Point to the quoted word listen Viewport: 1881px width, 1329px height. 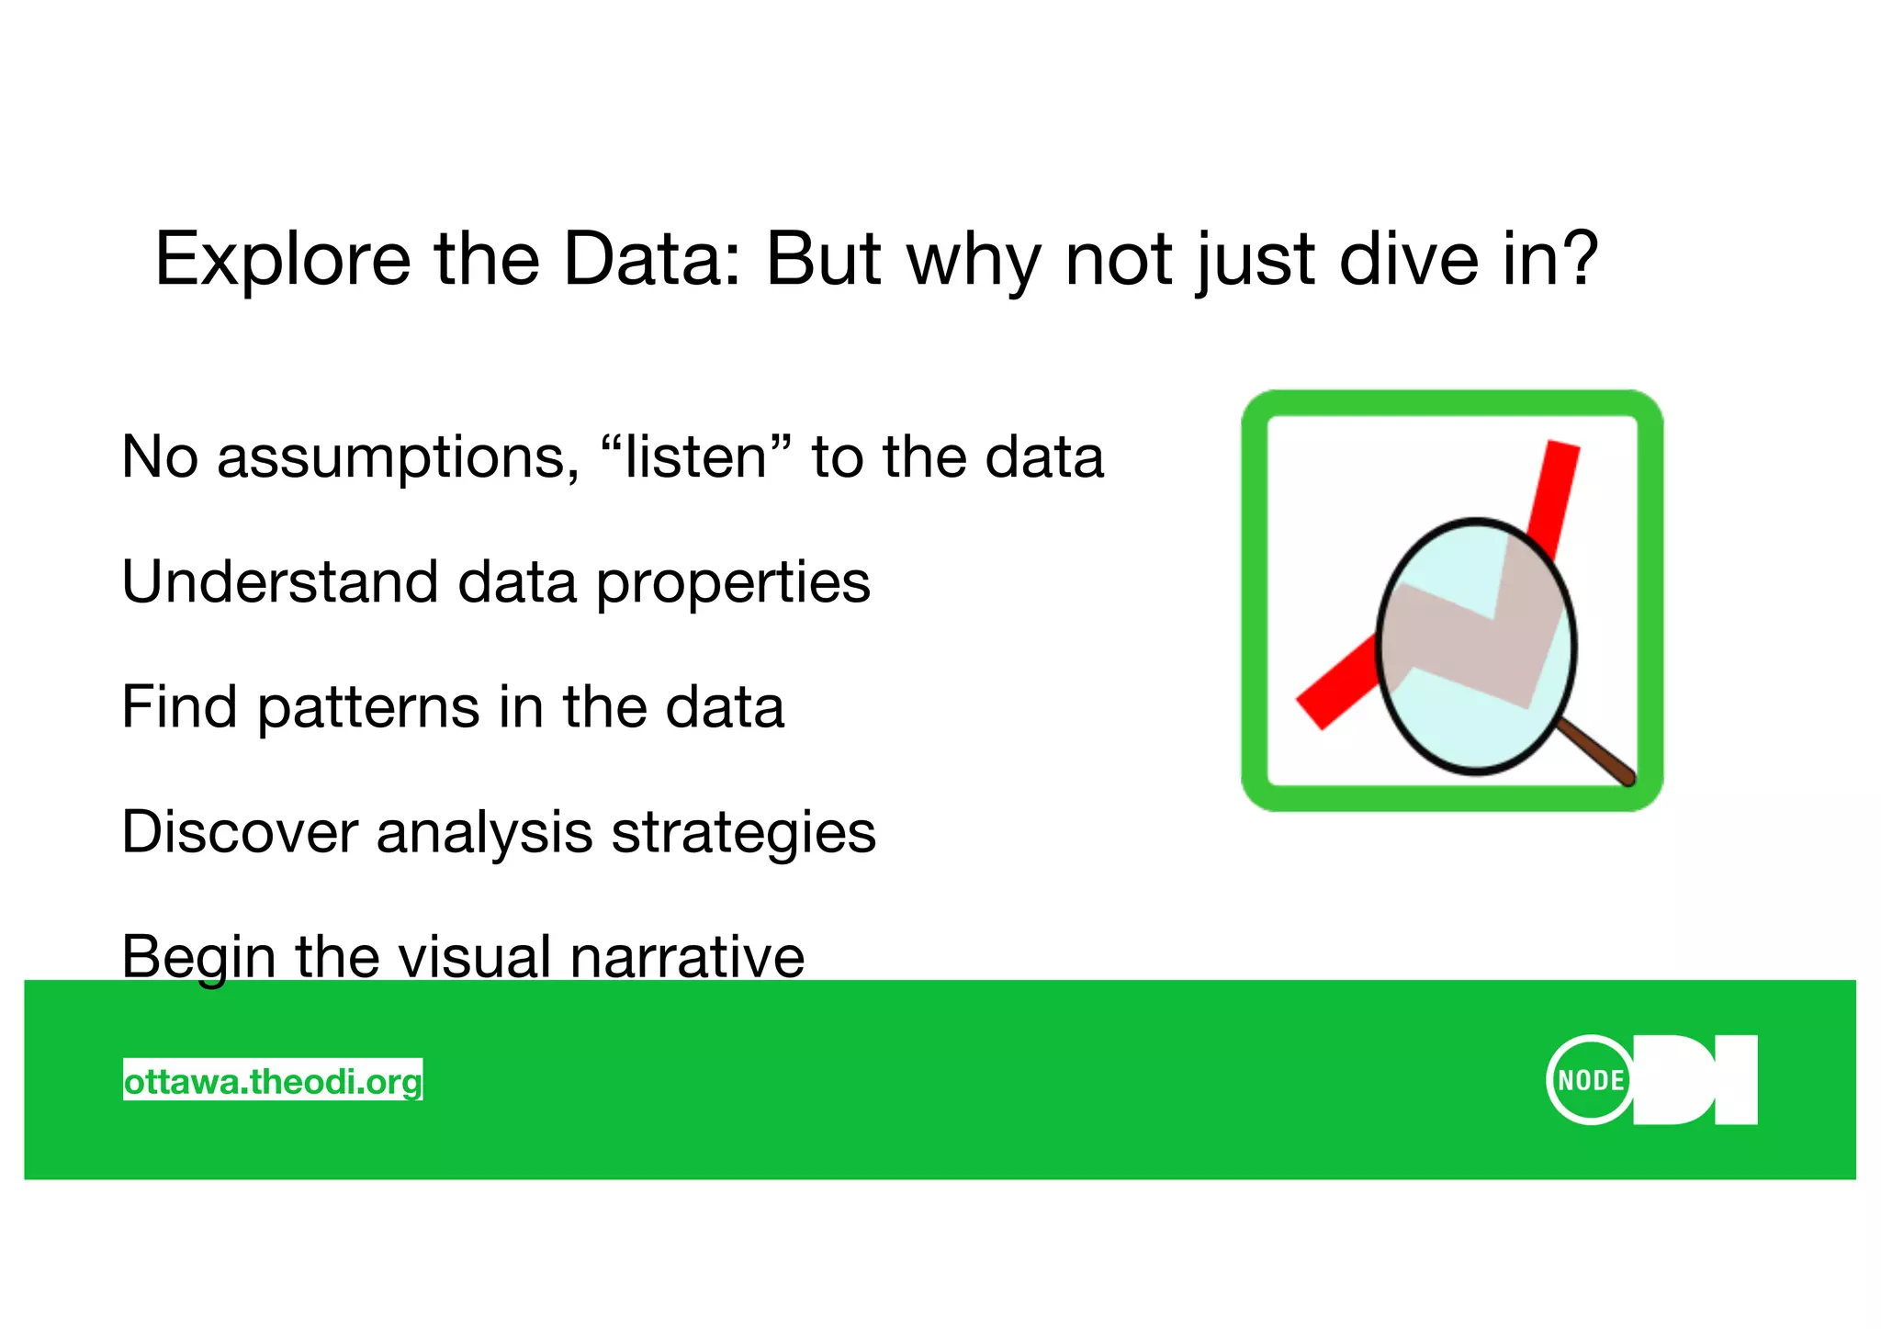[694, 456]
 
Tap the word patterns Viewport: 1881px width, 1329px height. [367, 708]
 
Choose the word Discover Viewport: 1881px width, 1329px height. [239, 832]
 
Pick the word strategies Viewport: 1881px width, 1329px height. [743, 834]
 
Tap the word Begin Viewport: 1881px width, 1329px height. [198, 958]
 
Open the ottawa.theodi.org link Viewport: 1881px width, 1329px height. [273, 1081]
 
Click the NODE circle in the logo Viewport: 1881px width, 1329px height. [1590, 1080]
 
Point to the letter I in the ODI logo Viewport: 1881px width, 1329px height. [1736, 1080]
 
